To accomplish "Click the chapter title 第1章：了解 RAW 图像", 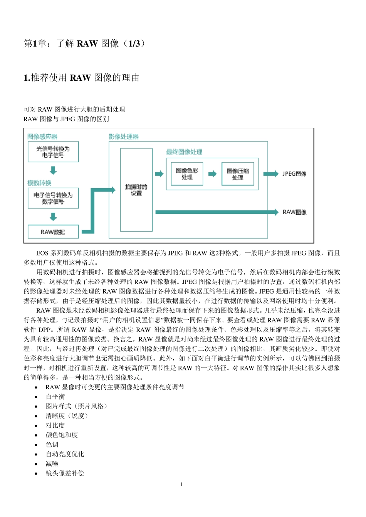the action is point(85,43).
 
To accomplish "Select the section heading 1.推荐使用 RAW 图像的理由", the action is point(81,78).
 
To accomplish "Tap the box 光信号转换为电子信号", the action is point(53,152).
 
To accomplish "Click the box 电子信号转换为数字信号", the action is point(53,198).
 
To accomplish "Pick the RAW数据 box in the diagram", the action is point(53,232).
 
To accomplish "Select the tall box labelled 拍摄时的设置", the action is point(136,190).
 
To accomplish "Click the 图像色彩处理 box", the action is point(187,174).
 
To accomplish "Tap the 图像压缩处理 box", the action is point(238,174).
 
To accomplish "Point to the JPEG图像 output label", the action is point(294,174).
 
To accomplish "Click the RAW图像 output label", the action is point(294,212).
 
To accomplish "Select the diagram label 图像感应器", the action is point(42,137).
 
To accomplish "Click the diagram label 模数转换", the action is point(39,183).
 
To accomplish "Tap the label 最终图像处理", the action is point(184,152).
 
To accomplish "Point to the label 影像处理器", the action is point(123,137).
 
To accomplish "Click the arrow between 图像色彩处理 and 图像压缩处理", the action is point(212,174).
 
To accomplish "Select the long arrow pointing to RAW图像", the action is point(216,212).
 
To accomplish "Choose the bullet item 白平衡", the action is point(55,397).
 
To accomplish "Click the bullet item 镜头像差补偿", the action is point(65,473).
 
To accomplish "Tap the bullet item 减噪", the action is point(52,464).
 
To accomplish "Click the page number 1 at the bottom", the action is point(182,484).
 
